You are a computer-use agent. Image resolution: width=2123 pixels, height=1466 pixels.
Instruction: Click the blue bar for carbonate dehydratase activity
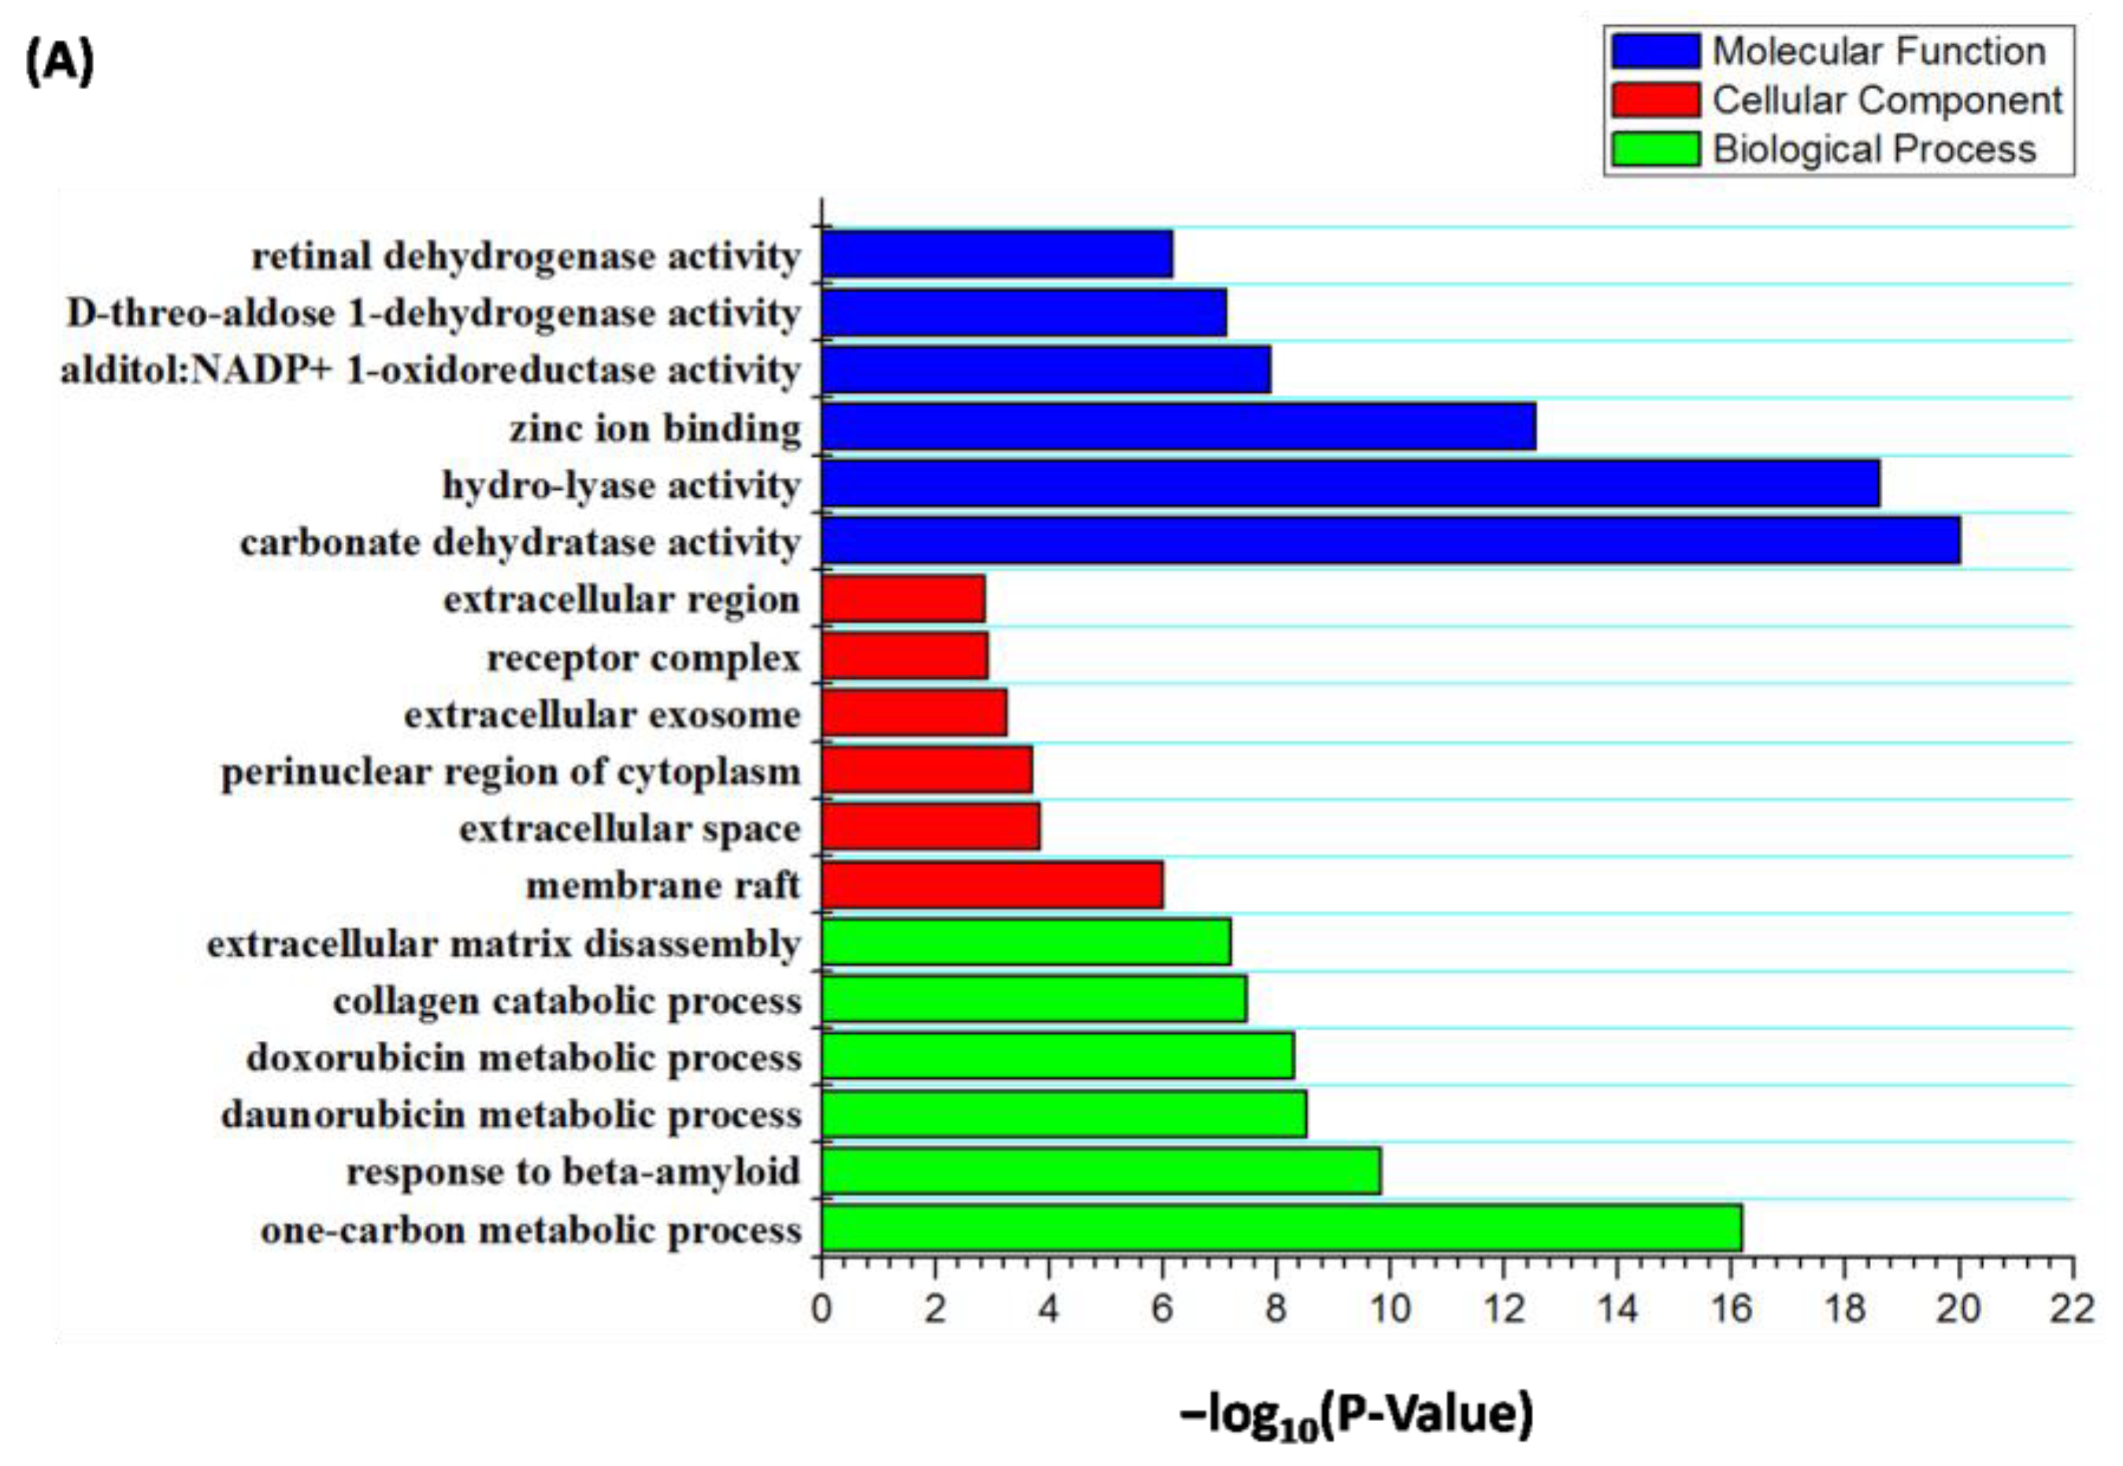[1390, 540]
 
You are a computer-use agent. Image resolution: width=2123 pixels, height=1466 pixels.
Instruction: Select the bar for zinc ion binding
[1178, 426]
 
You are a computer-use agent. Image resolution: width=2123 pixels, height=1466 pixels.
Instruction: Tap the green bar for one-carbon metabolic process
[1280, 1228]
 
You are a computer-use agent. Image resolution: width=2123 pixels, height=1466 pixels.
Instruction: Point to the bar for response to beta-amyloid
[1101, 1170]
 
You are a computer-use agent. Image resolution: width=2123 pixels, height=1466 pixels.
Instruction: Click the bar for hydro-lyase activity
[1350, 483]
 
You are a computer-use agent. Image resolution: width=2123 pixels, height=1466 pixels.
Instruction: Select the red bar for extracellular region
[903, 598]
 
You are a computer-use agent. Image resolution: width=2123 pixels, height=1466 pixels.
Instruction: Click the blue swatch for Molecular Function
[1654, 51]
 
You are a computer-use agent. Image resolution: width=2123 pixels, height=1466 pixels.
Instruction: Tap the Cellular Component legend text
[1887, 100]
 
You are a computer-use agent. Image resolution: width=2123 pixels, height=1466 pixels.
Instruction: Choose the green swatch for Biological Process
[1654, 149]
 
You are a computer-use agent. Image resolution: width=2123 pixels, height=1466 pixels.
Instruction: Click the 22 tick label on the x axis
[2072, 1307]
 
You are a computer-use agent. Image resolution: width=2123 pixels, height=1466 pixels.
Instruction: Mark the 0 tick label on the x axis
[821, 1307]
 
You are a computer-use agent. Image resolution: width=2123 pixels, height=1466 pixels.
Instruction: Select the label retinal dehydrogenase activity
[525, 257]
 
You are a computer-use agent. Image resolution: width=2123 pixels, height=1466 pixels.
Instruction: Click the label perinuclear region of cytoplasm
[511, 772]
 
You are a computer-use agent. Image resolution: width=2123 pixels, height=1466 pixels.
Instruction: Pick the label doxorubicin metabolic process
[524, 1057]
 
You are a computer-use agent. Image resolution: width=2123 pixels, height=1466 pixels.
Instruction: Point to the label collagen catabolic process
[567, 1000]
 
